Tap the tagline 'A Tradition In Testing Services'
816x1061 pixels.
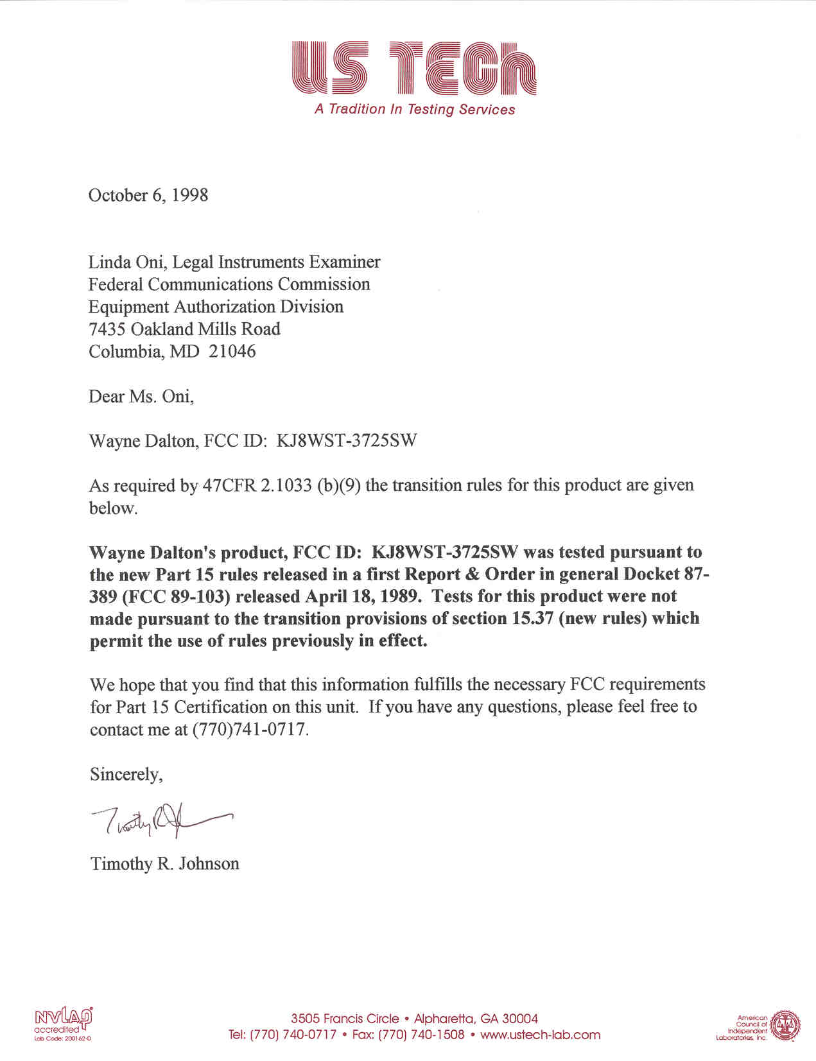pyautogui.click(x=415, y=109)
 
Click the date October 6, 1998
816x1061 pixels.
pyautogui.click(x=148, y=195)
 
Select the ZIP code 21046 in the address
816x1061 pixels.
pyautogui.click(x=232, y=352)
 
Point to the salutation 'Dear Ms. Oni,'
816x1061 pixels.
pyautogui.click(x=141, y=397)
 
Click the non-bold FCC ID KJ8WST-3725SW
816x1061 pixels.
pyautogui.click(x=347, y=441)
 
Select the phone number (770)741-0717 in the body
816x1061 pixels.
pyautogui.click(x=250, y=730)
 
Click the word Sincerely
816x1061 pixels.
pyautogui.click(x=126, y=775)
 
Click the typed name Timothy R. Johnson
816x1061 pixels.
pyautogui.click(x=165, y=864)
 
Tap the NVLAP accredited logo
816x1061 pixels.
pyautogui.click(x=63, y=1023)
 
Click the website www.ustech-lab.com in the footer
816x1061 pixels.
pyautogui.click(x=540, y=1035)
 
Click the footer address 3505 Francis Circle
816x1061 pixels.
pyautogui.click(x=345, y=1019)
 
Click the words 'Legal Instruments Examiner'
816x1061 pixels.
pyautogui.click(x=277, y=263)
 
